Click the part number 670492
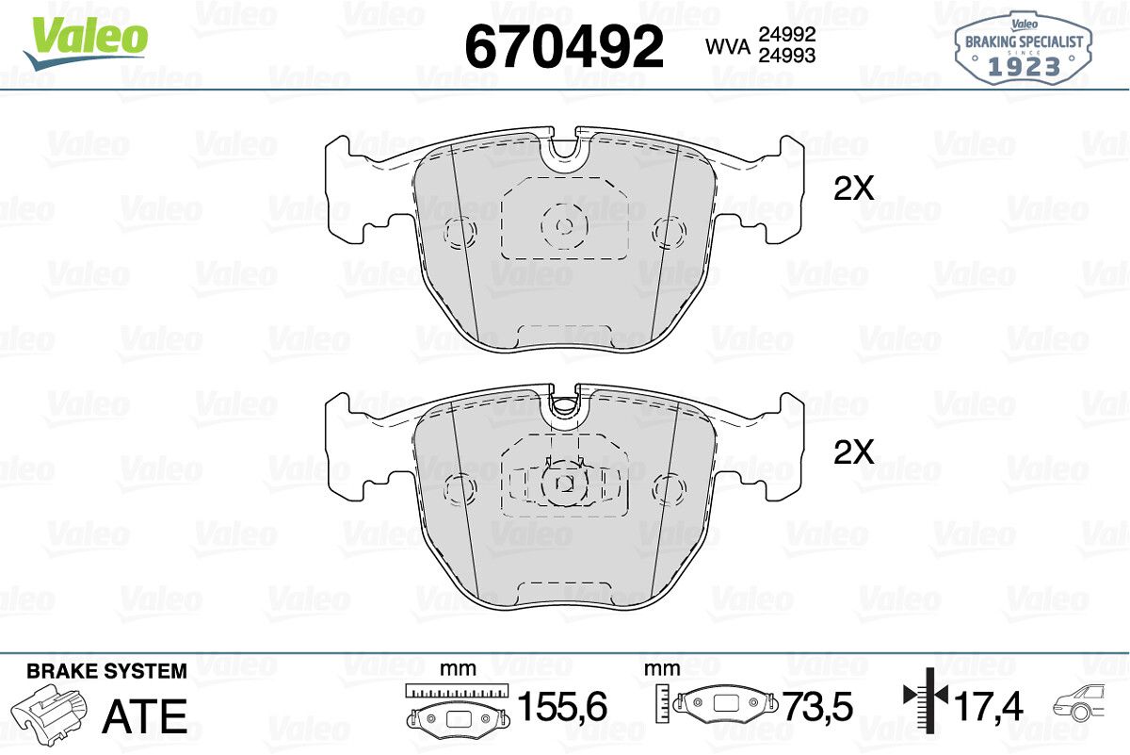click(564, 46)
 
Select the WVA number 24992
click(787, 34)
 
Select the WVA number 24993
click(787, 56)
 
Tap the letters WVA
click(728, 47)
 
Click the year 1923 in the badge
click(1025, 67)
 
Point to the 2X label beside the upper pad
click(853, 189)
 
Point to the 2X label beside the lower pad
click(853, 452)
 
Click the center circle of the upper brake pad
click(564, 226)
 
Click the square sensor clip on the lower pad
click(564, 484)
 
